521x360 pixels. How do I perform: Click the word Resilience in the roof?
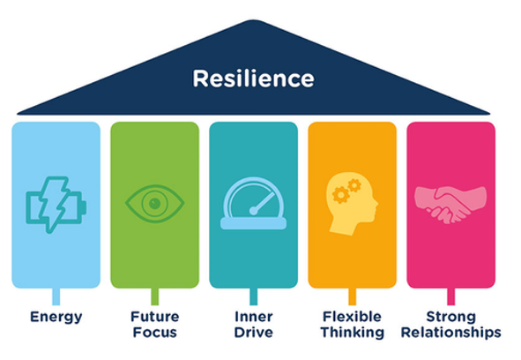click(254, 79)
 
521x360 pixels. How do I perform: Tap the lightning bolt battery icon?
click(56, 205)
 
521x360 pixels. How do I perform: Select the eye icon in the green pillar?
click(155, 203)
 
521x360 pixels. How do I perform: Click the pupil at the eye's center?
click(155, 203)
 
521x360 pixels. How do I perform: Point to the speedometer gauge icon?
click(254, 203)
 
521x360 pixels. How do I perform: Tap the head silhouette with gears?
click(353, 204)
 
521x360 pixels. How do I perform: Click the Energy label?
click(56, 318)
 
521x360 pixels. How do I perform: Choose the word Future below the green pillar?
click(155, 317)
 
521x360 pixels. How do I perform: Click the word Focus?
click(155, 333)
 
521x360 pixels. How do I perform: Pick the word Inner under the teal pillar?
click(254, 317)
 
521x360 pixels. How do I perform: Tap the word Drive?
click(254, 333)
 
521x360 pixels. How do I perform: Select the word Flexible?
click(353, 317)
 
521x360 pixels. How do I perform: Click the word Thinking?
click(353, 333)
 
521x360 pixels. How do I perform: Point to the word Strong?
click(450, 317)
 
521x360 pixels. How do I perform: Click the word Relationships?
click(450, 333)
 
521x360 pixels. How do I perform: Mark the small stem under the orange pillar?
click(353, 296)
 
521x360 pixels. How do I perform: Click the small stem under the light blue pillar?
click(56, 296)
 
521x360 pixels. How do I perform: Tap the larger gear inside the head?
click(341, 195)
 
